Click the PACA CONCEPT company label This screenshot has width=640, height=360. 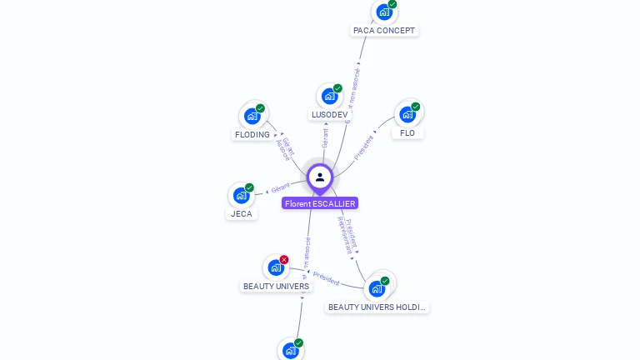coord(384,31)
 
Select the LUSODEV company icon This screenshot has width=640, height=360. coord(329,97)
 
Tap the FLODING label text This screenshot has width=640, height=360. coord(252,135)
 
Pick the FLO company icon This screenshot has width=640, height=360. coord(407,114)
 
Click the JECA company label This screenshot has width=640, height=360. coord(241,214)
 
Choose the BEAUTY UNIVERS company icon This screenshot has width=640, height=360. coord(275,268)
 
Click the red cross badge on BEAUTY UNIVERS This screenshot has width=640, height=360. coord(284,260)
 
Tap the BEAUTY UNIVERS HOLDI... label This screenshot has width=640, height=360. coord(377,307)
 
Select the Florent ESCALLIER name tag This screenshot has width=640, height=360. coord(320,203)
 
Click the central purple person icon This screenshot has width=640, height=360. coord(320,177)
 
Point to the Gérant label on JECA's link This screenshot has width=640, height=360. coord(281,188)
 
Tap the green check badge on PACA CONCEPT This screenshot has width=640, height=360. coord(392,4)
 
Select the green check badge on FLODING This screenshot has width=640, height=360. coord(260,108)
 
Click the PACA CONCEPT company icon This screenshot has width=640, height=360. coord(383,12)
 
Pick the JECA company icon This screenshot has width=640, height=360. coord(241,196)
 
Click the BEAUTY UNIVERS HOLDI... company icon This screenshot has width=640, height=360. coord(377,289)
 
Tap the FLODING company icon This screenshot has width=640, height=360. coord(252,117)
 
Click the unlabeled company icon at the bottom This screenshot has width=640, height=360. coord(290,351)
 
